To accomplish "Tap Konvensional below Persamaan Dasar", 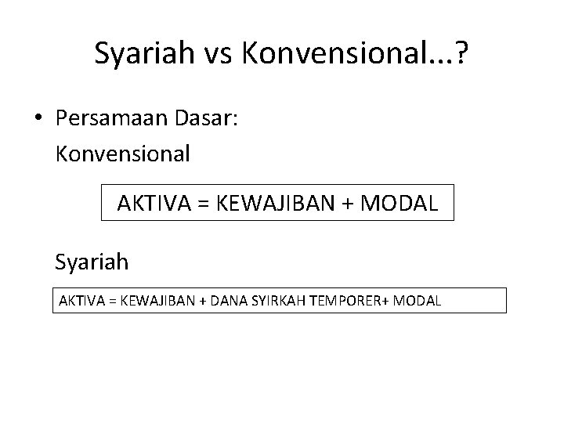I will pyautogui.click(x=123, y=154).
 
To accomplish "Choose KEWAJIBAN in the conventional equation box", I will pyautogui.click(x=276, y=204).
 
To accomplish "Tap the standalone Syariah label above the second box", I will pyautogui.click(x=92, y=260).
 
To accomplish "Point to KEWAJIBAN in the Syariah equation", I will pyautogui.click(x=156, y=300).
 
